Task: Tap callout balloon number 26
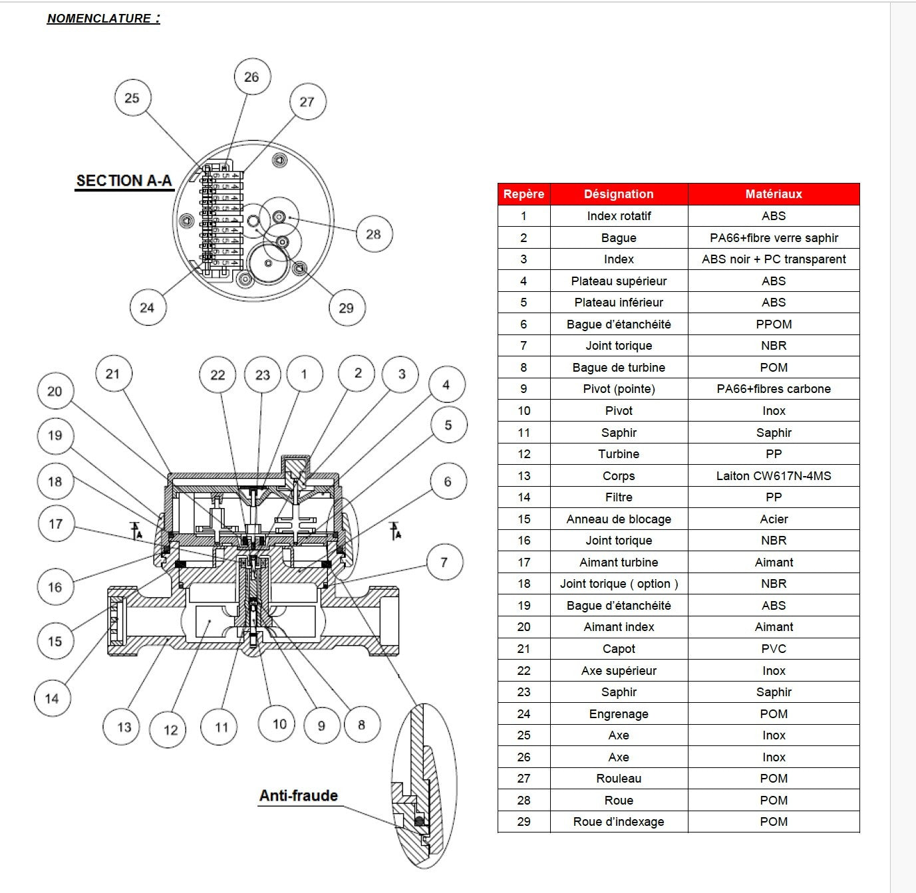point(251,77)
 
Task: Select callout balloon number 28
point(373,234)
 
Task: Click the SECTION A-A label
point(124,181)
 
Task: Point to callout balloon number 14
point(52,698)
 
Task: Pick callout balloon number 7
point(444,563)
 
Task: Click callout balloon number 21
point(112,374)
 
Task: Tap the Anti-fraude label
point(298,796)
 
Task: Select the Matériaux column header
point(774,194)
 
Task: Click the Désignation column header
point(619,194)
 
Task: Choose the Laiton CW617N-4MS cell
point(774,476)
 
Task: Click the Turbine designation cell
point(619,454)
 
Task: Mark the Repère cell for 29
point(524,822)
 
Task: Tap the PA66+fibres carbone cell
point(774,389)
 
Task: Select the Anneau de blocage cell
point(619,519)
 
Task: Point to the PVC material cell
point(774,649)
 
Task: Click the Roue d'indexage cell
point(619,822)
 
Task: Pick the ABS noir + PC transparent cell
point(774,259)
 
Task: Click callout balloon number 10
point(279,724)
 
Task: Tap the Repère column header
point(524,194)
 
